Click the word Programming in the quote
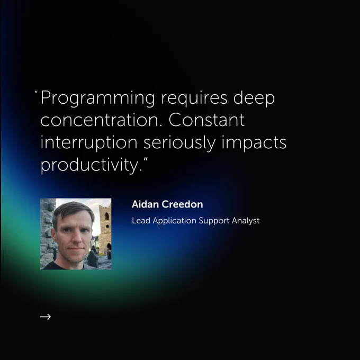click(98, 98)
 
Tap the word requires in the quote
click(194, 98)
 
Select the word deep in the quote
click(254, 98)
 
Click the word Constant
click(206, 120)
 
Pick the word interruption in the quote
click(89, 143)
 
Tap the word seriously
click(179, 143)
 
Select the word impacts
click(254, 143)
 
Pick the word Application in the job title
click(175, 221)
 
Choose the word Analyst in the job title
click(246, 221)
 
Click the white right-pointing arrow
click(46, 317)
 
